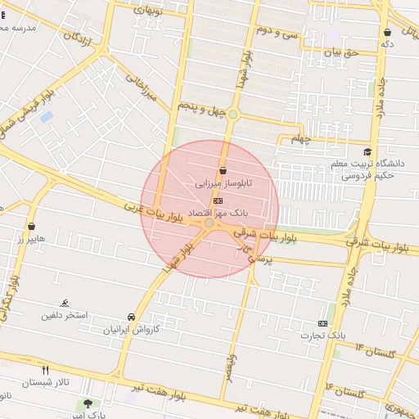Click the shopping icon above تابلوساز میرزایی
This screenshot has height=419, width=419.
tap(223, 170)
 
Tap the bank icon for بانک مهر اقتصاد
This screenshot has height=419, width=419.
tap(218, 200)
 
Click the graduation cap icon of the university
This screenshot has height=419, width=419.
tap(367, 151)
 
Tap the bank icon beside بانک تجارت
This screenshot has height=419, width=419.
tap(322, 323)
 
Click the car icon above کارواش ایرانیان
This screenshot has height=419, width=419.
tap(131, 317)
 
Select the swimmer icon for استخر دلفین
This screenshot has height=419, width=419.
tap(65, 303)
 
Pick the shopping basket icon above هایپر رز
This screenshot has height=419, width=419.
tap(31, 226)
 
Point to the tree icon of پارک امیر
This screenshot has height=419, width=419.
tap(88, 403)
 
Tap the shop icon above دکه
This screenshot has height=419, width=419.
tap(387, 33)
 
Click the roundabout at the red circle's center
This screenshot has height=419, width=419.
tap(209, 223)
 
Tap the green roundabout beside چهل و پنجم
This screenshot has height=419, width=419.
tap(232, 115)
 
